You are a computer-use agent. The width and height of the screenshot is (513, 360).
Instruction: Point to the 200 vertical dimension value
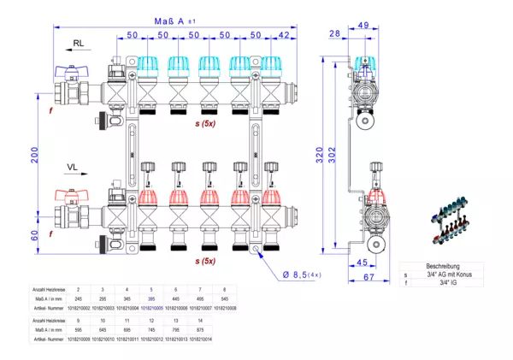click(x=35, y=155)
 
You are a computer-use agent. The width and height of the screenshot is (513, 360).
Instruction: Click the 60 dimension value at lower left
click(x=35, y=236)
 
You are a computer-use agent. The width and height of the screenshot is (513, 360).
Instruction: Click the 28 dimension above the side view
click(x=334, y=33)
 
